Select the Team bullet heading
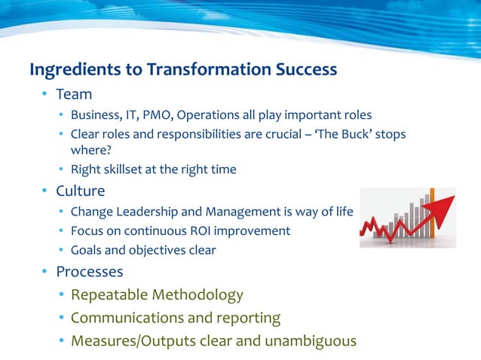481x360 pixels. pos(74,94)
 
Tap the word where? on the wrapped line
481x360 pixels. pos(90,150)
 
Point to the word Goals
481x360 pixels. pos(88,250)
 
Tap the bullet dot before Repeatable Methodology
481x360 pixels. pos(60,294)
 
